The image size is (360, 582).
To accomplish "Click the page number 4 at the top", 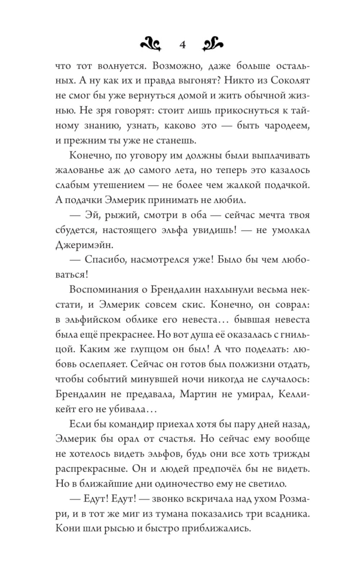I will pos(182,45).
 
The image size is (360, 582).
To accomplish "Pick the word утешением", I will pos(123,185).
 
